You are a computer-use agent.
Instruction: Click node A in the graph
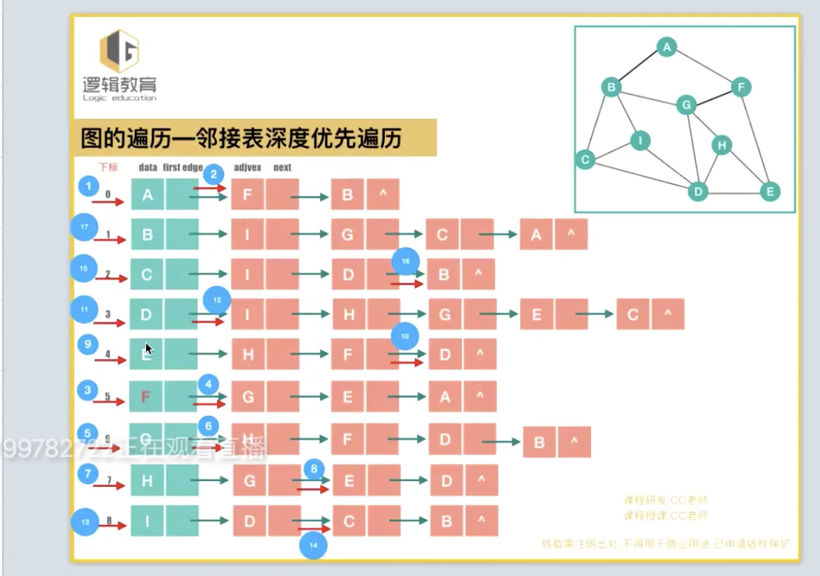pos(666,47)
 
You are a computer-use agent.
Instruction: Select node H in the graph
pos(721,145)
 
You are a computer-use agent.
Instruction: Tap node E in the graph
pos(769,191)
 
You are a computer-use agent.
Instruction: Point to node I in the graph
pos(640,140)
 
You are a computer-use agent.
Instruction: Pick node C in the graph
pos(584,160)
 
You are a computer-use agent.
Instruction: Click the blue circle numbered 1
pos(88,186)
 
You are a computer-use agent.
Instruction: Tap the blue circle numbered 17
pos(84,228)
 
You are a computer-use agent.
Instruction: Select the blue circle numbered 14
pos(313,546)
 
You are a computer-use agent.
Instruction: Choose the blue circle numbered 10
pos(405,336)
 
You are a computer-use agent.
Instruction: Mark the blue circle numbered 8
pos(314,469)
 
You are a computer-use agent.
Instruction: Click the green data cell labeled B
pos(147,235)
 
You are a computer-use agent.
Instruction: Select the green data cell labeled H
pos(147,481)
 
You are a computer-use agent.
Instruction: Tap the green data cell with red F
pos(146,397)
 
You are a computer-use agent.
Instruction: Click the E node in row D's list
pos(536,315)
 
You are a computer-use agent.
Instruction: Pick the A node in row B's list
pos(536,235)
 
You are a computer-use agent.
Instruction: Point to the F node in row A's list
pos(247,195)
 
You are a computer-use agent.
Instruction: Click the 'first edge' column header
pos(183,167)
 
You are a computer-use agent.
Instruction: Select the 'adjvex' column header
pos(247,167)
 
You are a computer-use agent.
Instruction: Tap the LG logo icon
pos(119,51)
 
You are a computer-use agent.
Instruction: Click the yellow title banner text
pos(242,138)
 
